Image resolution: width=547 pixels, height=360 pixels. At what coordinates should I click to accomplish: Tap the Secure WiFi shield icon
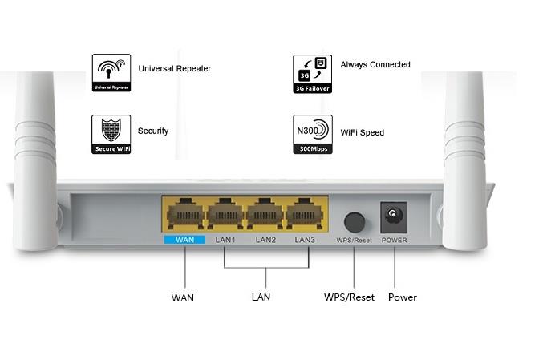(111, 134)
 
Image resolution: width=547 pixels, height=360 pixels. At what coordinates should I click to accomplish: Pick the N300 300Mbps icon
(312, 134)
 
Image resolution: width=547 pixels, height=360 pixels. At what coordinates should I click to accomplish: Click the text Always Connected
(375, 65)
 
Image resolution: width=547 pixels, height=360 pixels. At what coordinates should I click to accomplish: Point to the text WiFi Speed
(362, 132)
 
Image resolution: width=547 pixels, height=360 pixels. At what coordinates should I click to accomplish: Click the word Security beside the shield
(153, 131)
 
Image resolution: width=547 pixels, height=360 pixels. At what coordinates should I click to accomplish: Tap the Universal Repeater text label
(174, 69)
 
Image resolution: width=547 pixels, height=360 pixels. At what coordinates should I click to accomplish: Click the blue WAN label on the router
(184, 240)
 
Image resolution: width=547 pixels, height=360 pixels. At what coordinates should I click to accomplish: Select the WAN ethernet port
(184, 216)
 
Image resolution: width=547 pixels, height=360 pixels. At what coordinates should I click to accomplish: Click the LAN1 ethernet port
(225, 216)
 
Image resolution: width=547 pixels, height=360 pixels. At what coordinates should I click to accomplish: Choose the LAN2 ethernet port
(265, 216)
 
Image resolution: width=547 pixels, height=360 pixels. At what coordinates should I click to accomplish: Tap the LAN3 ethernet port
(306, 216)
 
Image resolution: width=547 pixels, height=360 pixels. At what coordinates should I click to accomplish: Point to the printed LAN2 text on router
(265, 240)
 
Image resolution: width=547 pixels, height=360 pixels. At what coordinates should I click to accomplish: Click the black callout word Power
(402, 297)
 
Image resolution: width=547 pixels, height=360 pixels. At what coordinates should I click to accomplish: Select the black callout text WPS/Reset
(349, 297)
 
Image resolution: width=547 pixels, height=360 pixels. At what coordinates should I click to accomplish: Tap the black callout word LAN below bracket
(261, 297)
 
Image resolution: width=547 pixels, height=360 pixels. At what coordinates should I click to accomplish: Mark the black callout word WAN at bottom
(183, 298)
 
